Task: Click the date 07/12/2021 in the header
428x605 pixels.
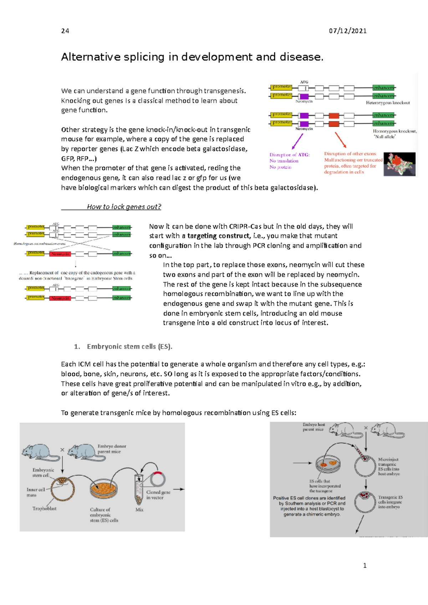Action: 347,31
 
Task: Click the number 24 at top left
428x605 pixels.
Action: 65,31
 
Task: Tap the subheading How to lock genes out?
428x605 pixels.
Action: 124,207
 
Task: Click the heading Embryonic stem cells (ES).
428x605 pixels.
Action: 129,346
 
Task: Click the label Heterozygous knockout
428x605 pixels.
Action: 388,103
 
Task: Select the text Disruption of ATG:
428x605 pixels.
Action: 290,155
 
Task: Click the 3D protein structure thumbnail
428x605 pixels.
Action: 399,164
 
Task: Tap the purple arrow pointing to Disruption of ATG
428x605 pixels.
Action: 297,142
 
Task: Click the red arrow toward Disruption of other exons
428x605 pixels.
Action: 341,140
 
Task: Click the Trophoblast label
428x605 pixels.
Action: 44,508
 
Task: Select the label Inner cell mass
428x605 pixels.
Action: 36,492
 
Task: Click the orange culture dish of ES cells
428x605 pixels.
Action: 103,489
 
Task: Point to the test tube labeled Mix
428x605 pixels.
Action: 139,489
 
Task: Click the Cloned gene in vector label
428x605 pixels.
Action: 158,495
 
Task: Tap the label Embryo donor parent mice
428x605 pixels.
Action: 112,449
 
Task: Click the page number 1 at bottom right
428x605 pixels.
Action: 365,565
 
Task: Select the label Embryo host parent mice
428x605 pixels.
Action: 314,427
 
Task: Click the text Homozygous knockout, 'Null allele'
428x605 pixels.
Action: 394,134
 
